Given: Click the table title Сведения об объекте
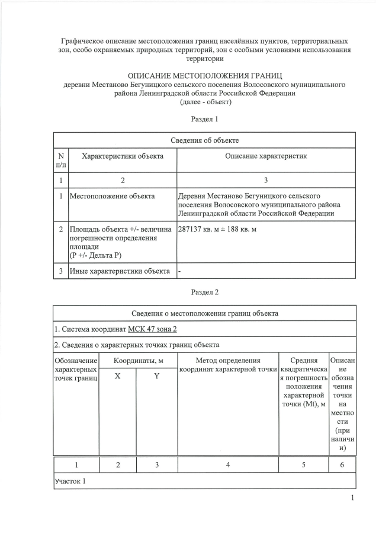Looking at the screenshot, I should point(205,140).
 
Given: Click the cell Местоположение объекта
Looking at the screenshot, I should point(113,196).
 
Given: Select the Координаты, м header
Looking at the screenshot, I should point(137,360).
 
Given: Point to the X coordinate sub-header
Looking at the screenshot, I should point(117,377).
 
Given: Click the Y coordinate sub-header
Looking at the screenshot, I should point(157,377).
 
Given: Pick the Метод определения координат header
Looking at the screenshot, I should point(228,365).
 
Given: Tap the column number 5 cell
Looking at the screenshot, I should point(303,466).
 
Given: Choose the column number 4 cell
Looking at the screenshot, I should point(228,466).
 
